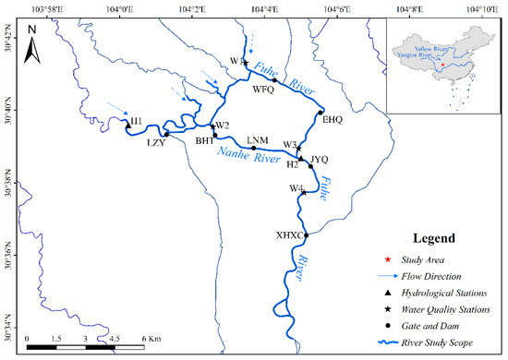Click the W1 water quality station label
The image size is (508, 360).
click(236, 61)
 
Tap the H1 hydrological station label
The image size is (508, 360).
click(137, 121)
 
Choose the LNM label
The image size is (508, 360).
click(258, 139)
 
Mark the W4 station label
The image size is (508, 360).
click(296, 188)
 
